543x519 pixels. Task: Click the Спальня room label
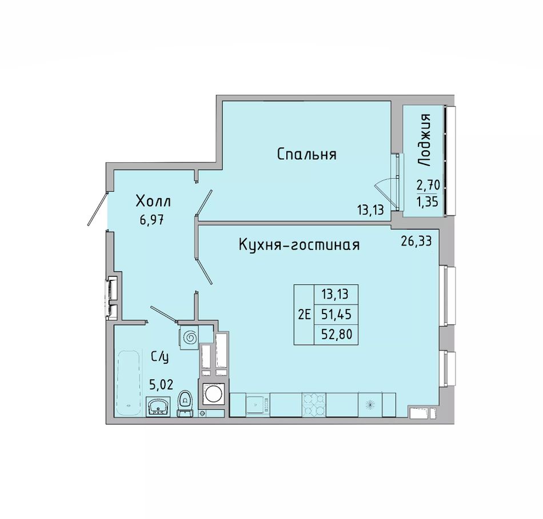(x=306, y=154)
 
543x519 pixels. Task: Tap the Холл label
(x=153, y=201)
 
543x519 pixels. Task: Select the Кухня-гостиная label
(x=299, y=245)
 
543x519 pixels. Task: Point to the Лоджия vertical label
(x=425, y=140)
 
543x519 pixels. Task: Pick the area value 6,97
(x=151, y=220)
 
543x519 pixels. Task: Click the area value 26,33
(x=416, y=241)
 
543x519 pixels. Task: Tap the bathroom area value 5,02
(x=161, y=384)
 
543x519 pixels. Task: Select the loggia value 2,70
(x=428, y=186)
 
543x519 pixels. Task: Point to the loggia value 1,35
(x=428, y=202)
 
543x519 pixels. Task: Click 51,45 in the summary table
(x=336, y=315)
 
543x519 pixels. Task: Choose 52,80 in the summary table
(x=336, y=334)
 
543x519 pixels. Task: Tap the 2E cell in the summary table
(x=304, y=315)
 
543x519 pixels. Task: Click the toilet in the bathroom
(x=185, y=404)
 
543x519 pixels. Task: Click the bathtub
(x=129, y=383)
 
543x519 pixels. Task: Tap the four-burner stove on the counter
(x=314, y=404)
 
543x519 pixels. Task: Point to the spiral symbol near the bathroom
(x=189, y=336)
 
